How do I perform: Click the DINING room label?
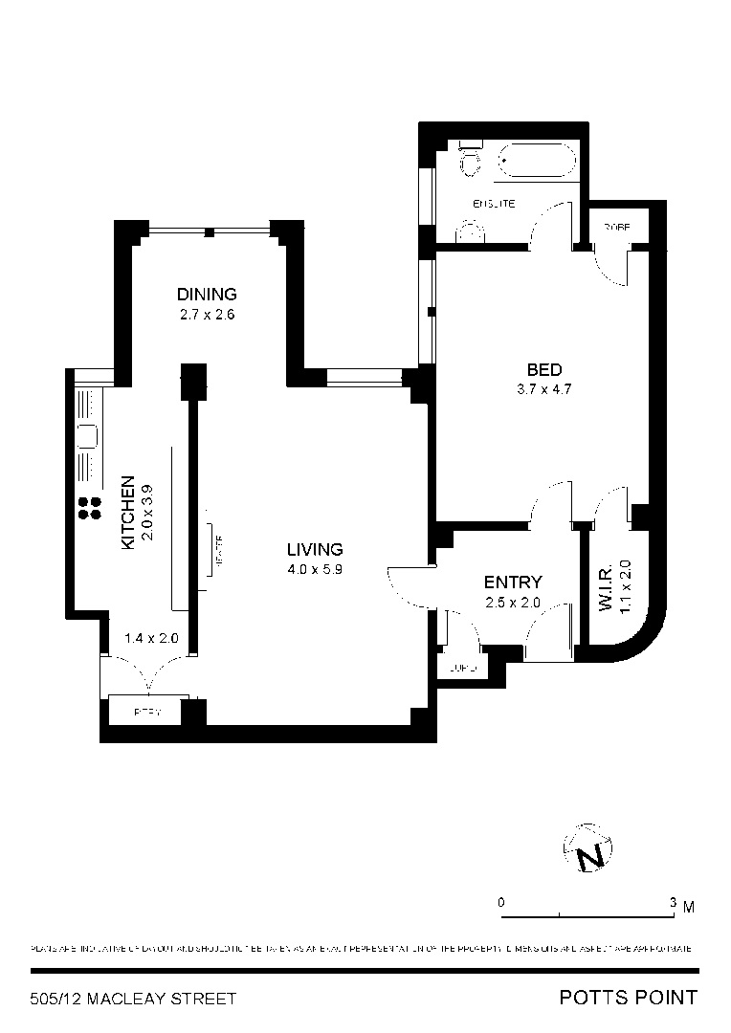pos(206,294)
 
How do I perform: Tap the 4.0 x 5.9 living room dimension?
pos(315,568)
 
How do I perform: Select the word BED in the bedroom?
pos(543,370)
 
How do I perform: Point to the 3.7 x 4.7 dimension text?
pos(543,388)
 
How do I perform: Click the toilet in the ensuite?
pos(469,160)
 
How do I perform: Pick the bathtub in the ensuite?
pos(538,160)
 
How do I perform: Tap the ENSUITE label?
pos(494,204)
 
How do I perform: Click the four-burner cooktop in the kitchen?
pos(89,508)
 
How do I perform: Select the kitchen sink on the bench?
pos(86,436)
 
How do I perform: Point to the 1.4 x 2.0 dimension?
pos(152,638)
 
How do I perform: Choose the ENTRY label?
pos(513,582)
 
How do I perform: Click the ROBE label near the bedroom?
pos(616,227)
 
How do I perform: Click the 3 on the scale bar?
pos(674,903)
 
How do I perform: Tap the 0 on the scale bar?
pos(500,903)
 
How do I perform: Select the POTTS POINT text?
pos(628,999)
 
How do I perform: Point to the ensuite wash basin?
pos(470,231)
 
